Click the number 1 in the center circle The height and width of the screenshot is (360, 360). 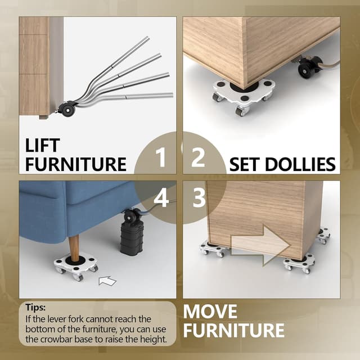tap(161, 159)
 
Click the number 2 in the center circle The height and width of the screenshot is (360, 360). tap(198, 159)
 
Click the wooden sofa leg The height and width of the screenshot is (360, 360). tap(74, 248)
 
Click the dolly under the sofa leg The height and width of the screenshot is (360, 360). tap(76, 266)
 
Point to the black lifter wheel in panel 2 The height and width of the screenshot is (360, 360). tap(308, 68)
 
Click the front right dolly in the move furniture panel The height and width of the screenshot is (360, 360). tap(299, 263)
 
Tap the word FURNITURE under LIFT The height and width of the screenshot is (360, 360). tap(76, 164)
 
